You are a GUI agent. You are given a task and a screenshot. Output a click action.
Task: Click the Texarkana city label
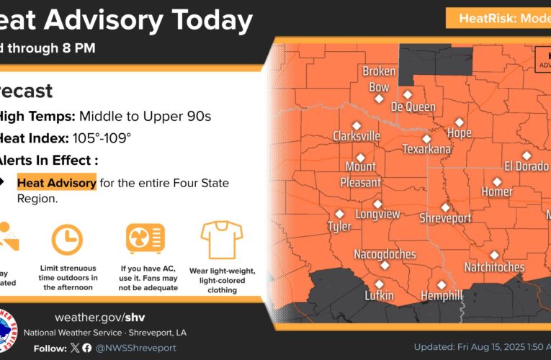pyautogui.click(x=427, y=150)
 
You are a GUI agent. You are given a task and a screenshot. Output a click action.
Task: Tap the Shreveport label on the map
pyautogui.click(x=445, y=218)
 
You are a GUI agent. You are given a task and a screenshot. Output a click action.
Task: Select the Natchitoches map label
pyautogui.click(x=494, y=267)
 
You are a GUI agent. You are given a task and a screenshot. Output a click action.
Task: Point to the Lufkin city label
pyautogui.click(x=379, y=295)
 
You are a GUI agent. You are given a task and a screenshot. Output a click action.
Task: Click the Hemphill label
pyautogui.click(x=442, y=296)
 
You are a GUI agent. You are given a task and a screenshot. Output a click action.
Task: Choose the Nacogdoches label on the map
pyautogui.click(x=385, y=254)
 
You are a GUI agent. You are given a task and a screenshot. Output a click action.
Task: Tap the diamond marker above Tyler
pyautogui.click(x=339, y=214)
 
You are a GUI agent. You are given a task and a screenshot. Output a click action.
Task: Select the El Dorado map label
pyautogui.click(x=527, y=167)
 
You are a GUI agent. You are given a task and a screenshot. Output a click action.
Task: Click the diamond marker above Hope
pyautogui.click(x=459, y=122)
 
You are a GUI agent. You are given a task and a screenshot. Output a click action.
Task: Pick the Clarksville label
pyautogui.click(x=357, y=136)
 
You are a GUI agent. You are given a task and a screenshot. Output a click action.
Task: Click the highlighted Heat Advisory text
pyautogui.click(x=57, y=183)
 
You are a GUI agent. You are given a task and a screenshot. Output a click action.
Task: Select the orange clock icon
pyautogui.click(x=67, y=239)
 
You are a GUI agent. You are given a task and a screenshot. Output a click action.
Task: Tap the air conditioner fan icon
pyautogui.click(x=144, y=238)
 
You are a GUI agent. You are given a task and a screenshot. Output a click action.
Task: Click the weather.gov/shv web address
pyautogui.click(x=100, y=318)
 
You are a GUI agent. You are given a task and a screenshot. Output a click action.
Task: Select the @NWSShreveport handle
pyautogui.click(x=137, y=348)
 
